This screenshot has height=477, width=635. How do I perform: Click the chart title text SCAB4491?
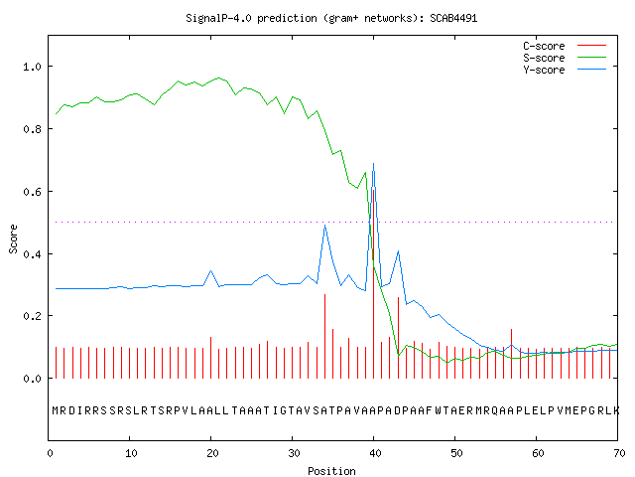click(453, 18)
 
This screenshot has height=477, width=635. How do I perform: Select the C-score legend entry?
click(565, 46)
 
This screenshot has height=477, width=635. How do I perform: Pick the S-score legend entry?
click(565, 58)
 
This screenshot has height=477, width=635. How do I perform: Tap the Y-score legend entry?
click(565, 70)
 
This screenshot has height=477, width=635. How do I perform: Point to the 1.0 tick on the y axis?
click(32, 67)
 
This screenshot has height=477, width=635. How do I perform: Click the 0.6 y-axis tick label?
click(32, 192)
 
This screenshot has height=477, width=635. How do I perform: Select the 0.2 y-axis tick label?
click(32, 316)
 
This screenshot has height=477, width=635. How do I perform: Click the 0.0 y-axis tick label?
click(32, 379)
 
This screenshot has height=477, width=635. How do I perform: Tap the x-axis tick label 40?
click(375, 453)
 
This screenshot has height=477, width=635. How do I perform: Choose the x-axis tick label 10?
click(131, 453)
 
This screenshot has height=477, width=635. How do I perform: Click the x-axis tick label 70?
click(619, 453)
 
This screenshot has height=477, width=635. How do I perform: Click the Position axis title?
click(331, 471)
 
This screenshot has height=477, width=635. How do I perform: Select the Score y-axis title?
click(13, 238)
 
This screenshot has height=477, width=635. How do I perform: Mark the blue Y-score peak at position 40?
click(373, 163)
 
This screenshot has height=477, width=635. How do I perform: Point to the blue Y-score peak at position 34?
click(324, 226)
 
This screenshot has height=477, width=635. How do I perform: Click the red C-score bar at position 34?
click(324, 336)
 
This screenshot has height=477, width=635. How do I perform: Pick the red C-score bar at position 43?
click(398, 338)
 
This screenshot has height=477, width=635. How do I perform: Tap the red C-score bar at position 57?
click(512, 354)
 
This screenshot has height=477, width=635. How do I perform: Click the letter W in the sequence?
click(439, 410)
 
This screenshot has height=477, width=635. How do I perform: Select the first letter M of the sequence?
click(56, 410)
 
